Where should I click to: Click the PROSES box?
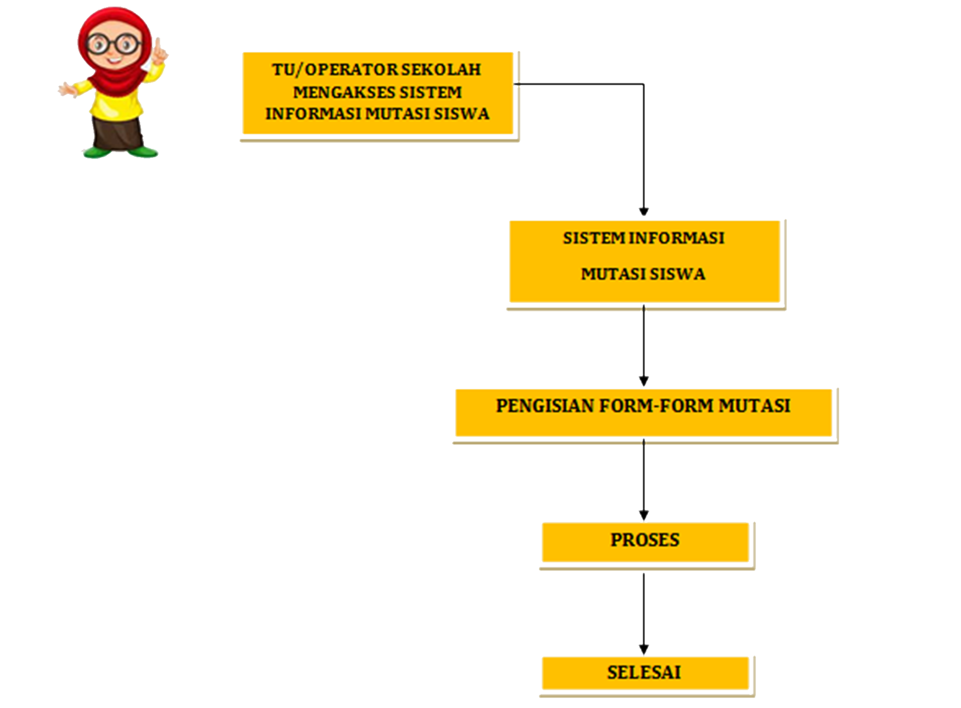click(x=645, y=541)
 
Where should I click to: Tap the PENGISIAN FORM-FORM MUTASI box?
click(x=643, y=412)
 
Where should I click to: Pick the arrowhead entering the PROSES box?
click(x=644, y=515)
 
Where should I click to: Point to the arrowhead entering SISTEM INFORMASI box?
click(x=644, y=212)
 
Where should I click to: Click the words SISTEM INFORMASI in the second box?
click(x=643, y=238)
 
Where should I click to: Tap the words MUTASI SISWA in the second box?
click(x=643, y=274)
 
